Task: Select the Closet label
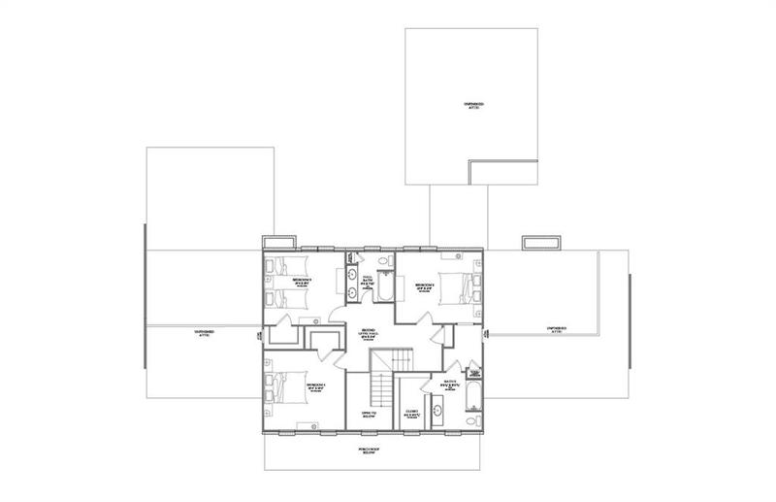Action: pos(412,413)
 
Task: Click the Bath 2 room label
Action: pos(449,383)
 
